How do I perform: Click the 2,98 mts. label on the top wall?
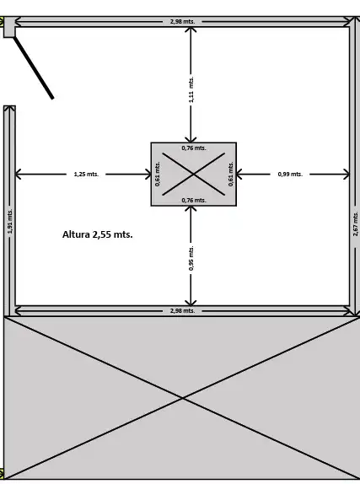[x=182, y=22]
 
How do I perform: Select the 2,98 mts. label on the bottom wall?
[x=182, y=311]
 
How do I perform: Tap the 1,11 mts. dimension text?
[x=191, y=90]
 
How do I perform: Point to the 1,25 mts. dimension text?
[x=86, y=175]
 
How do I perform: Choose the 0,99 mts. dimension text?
[x=290, y=175]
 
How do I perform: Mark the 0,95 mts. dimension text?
[x=191, y=258]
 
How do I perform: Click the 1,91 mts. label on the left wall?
[x=10, y=221]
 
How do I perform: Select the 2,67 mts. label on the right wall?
[x=356, y=224]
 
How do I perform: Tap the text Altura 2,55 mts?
[x=98, y=234]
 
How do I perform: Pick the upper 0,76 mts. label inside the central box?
[x=194, y=148]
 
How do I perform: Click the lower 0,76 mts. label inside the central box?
[x=194, y=201]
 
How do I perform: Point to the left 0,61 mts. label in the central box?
[x=158, y=174]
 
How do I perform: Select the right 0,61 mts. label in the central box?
[x=231, y=174]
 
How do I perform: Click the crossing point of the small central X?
[x=194, y=175]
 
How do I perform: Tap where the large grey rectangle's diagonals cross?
[x=183, y=399]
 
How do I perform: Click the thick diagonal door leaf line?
[x=34, y=68]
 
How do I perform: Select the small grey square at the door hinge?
[x=9, y=27]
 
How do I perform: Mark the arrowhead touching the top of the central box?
[x=191, y=139]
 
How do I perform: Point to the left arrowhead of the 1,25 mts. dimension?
[x=19, y=175]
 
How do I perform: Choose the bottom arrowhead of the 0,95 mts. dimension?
[x=191, y=302]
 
